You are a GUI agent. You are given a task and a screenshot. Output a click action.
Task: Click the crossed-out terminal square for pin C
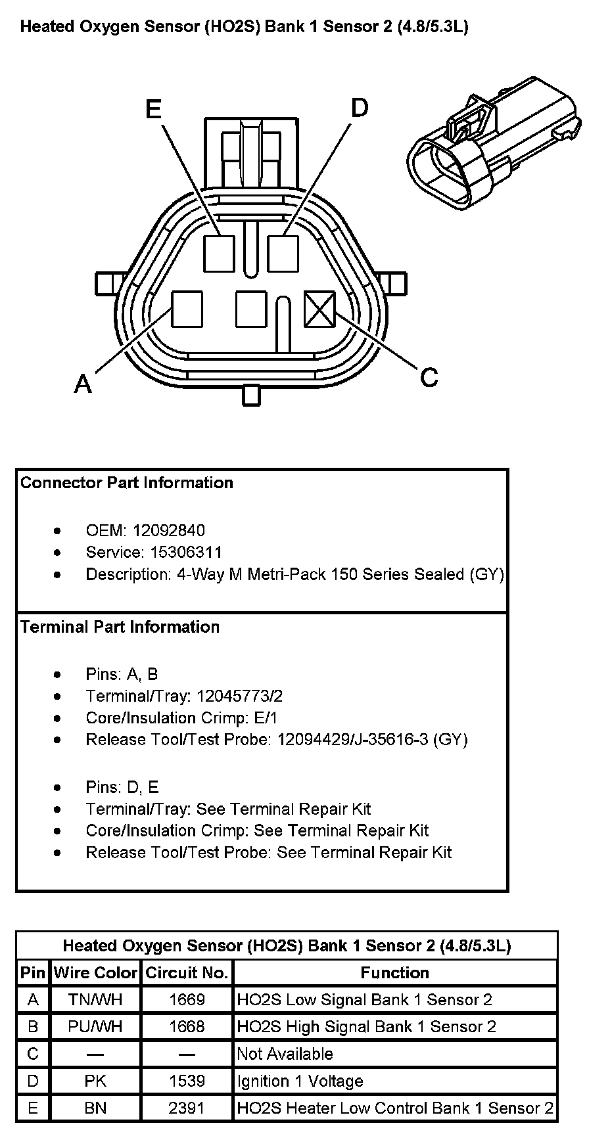320,309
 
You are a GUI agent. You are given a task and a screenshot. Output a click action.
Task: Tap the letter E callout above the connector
153,109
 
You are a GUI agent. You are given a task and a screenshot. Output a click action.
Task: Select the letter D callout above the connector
359,108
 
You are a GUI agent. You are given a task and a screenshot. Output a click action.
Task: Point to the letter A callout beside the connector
83,383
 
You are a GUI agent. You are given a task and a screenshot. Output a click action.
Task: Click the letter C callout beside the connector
429,377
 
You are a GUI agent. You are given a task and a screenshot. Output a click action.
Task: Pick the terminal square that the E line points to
219,254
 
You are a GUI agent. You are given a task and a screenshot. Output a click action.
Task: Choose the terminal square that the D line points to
283,254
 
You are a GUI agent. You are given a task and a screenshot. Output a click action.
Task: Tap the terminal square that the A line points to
187,309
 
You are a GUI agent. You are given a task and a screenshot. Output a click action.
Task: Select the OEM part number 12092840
168,530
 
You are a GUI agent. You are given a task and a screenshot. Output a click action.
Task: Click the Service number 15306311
187,552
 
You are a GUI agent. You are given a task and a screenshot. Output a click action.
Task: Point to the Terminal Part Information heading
120,627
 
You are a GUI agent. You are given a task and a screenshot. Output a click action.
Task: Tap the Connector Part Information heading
127,483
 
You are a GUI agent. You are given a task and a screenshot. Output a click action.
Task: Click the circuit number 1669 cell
187,999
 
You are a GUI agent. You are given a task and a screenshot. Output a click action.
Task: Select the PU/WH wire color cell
95,1026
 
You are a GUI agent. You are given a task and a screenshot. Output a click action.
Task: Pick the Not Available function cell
285,1054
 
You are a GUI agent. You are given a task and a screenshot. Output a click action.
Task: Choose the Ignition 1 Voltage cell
300,1081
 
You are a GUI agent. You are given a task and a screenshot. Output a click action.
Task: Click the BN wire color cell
95,1108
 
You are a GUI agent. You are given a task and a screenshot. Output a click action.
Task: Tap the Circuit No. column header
187,972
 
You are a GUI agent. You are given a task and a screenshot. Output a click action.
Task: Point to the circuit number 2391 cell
187,1108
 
